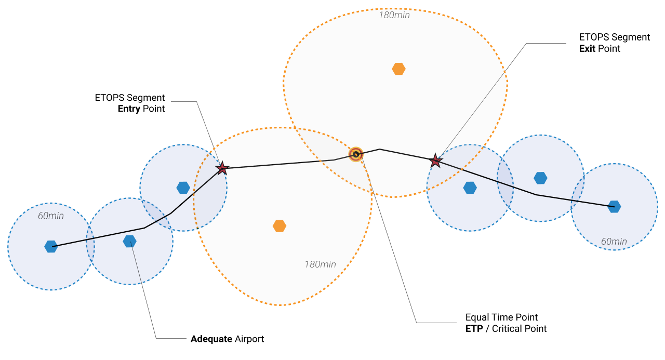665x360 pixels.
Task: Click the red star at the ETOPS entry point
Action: (x=222, y=168)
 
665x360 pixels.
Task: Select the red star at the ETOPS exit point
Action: (x=435, y=161)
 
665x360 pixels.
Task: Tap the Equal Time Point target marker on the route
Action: (x=355, y=154)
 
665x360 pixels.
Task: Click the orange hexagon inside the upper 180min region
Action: (x=398, y=69)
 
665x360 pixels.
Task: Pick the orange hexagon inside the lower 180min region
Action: (x=280, y=226)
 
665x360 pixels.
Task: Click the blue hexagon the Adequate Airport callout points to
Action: (x=130, y=242)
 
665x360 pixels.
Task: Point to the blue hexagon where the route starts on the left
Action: (x=51, y=246)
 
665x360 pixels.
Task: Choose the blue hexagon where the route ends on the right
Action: (x=615, y=206)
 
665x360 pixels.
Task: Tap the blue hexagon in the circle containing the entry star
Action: (x=183, y=188)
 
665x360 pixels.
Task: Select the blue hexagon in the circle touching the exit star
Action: (x=470, y=188)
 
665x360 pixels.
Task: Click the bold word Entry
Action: (x=129, y=109)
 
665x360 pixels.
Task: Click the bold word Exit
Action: (x=588, y=48)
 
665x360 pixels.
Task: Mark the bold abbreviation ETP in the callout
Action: (x=474, y=328)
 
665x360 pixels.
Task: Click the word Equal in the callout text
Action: (x=477, y=317)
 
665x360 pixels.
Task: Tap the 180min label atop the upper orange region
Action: (x=394, y=15)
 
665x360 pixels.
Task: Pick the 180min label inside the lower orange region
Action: (x=320, y=264)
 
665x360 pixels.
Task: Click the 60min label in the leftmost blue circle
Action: (x=51, y=216)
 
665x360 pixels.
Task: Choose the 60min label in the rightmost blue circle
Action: (x=614, y=242)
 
